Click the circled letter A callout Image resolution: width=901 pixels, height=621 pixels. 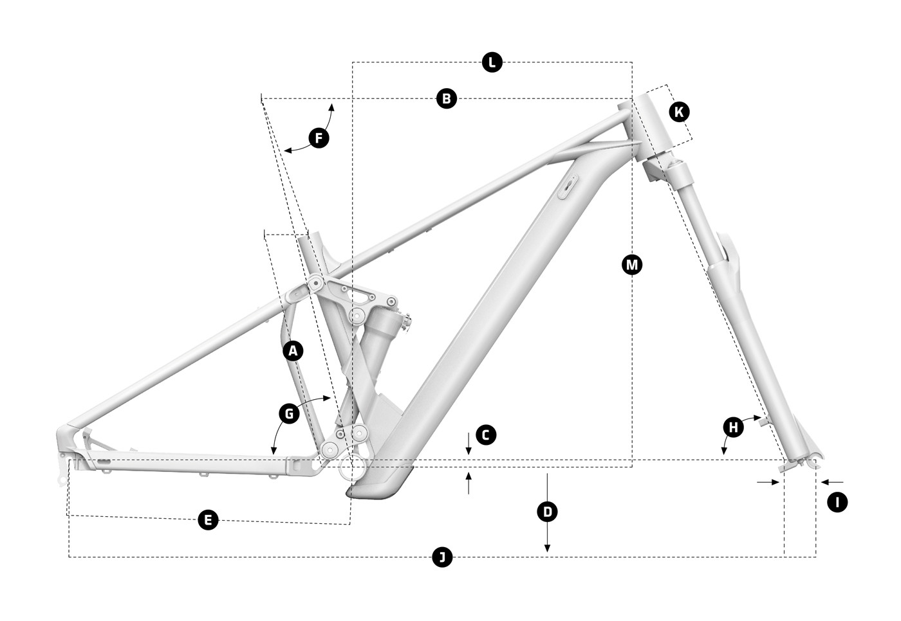click(293, 351)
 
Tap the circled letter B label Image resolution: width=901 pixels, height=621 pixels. click(446, 98)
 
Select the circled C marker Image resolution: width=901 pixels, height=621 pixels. click(486, 435)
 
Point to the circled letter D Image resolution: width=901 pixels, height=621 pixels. click(547, 512)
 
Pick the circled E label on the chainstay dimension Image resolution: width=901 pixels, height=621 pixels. click(208, 519)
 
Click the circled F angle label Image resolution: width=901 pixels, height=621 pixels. click(319, 138)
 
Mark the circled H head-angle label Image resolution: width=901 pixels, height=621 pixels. click(732, 427)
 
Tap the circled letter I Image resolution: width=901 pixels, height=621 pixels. click(837, 502)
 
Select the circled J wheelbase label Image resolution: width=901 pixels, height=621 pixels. click(441, 557)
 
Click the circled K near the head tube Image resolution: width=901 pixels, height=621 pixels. click(678, 112)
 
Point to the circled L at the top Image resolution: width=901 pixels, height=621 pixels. click(492, 62)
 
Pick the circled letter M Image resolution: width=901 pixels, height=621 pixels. click(632, 264)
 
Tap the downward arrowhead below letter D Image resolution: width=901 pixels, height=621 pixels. click(547, 548)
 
